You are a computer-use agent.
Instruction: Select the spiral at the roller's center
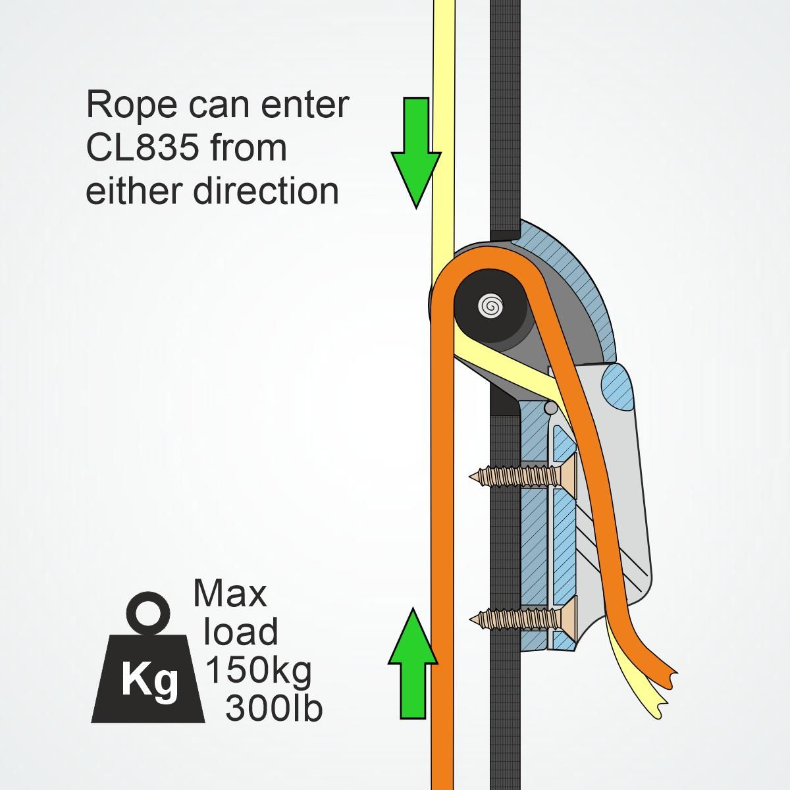coord(490,305)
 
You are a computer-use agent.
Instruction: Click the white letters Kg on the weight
coord(150,683)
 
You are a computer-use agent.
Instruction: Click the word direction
coord(265,191)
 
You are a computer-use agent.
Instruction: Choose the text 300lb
coord(273,708)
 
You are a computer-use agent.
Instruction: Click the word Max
coord(230,594)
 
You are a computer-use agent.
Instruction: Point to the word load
coord(240,632)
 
